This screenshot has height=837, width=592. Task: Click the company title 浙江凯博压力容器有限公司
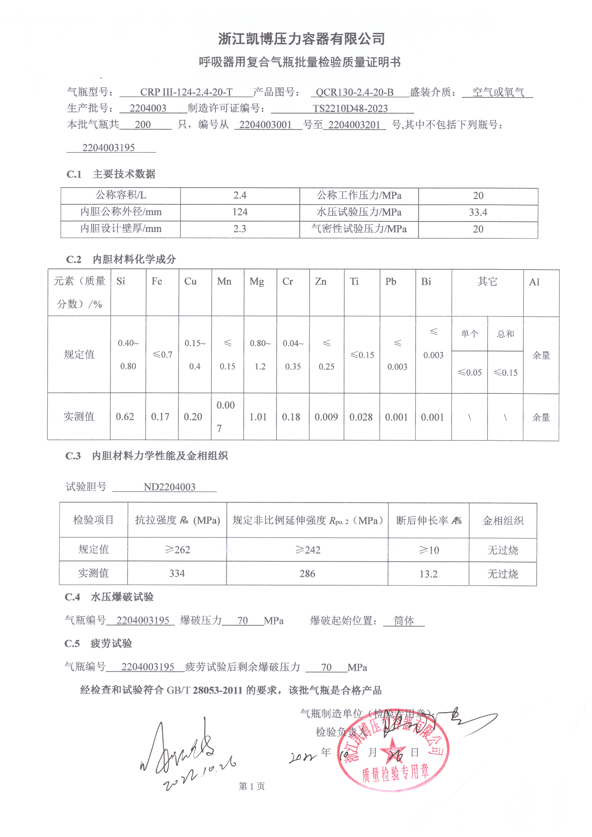pos(301,39)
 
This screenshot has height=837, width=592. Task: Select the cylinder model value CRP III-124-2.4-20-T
pos(186,92)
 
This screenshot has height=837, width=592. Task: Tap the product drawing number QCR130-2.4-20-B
pos(354,92)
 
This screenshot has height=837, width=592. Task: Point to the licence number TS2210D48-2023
pos(350,108)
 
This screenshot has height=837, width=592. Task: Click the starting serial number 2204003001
pos(265,125)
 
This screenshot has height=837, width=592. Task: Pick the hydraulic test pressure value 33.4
pos(478,212)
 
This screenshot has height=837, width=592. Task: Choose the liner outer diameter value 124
pos(240,212)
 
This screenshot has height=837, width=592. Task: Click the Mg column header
pos(257,281)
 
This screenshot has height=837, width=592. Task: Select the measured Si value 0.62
pos(125,417)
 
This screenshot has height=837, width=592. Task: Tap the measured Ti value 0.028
pos(361,417)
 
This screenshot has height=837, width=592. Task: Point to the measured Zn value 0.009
pos(326,417)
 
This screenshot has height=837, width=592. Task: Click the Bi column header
pos(426,281)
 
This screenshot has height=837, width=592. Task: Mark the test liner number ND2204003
pos(170,487)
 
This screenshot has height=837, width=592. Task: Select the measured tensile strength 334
pos(177,574)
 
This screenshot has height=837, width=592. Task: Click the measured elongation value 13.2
pos(428,574)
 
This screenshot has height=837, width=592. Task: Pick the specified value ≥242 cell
pos(308,550)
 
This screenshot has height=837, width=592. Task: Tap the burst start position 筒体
pos(404,620)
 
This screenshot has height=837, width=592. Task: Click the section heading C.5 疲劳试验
pos(98,643)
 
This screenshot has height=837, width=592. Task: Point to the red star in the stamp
pos(393,751)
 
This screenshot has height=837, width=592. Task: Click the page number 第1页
pos(252,786)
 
